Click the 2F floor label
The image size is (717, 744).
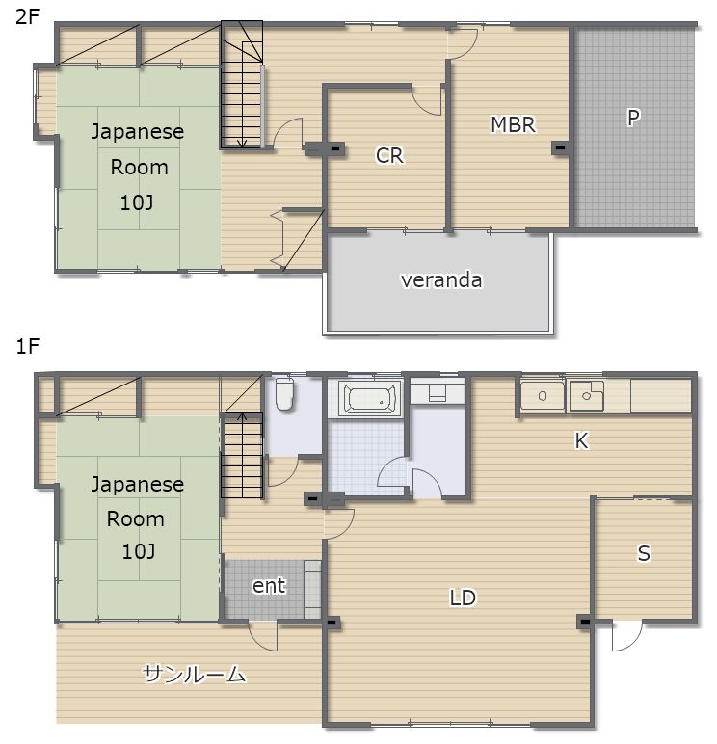[x=27, y=17]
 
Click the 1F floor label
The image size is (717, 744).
[x=27, y=347]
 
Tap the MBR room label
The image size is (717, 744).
[x=513, y=124]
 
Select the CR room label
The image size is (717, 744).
[x=389, y=155]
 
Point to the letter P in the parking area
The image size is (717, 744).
[x=633, y=118]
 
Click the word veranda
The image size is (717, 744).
[x=441, y=279]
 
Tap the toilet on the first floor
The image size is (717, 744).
[x=284, y=393]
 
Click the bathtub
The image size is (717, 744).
[x=370, y=398]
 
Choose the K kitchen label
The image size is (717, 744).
[x=581, y=440]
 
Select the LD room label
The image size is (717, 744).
[x=463, y=598]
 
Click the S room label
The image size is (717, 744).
[x=644, y=554]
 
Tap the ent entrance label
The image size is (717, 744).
[x=269, y=586]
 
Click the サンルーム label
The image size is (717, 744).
[x=194, y=674]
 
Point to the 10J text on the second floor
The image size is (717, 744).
[x=137, y=203]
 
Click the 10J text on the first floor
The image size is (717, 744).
[x=138, y=552]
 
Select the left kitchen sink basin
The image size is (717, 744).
[x=543, y=396]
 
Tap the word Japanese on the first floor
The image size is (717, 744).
[x=138, y=485]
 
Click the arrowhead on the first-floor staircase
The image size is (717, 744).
[x=242, y=417]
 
